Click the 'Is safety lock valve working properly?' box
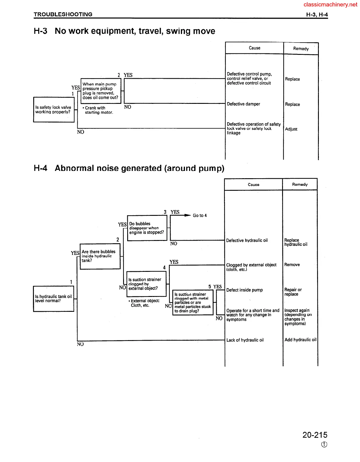[x=54, y=110]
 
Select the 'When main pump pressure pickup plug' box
[x=101, y=91]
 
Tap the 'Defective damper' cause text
[x=243, y=104]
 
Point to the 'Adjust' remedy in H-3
[x=291, y=129]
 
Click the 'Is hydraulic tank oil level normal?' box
[x=53, y=299]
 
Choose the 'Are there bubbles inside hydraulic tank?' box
[x=100, y=256]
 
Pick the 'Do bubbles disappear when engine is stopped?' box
[x=147, y=228]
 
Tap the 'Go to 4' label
[x=200, y=216]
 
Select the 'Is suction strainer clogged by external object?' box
[x=146, y=284]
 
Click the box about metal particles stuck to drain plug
[x=193, y=303]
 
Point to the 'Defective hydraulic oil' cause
[x=247, y=240]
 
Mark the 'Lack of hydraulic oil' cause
[x=245, y=340]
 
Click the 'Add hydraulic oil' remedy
[x=300, y=340]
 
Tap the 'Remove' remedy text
[x=292, y=265]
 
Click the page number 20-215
[x=315, y=435]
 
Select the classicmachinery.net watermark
[x=330, y=4]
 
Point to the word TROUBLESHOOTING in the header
[x=63, y=14]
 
